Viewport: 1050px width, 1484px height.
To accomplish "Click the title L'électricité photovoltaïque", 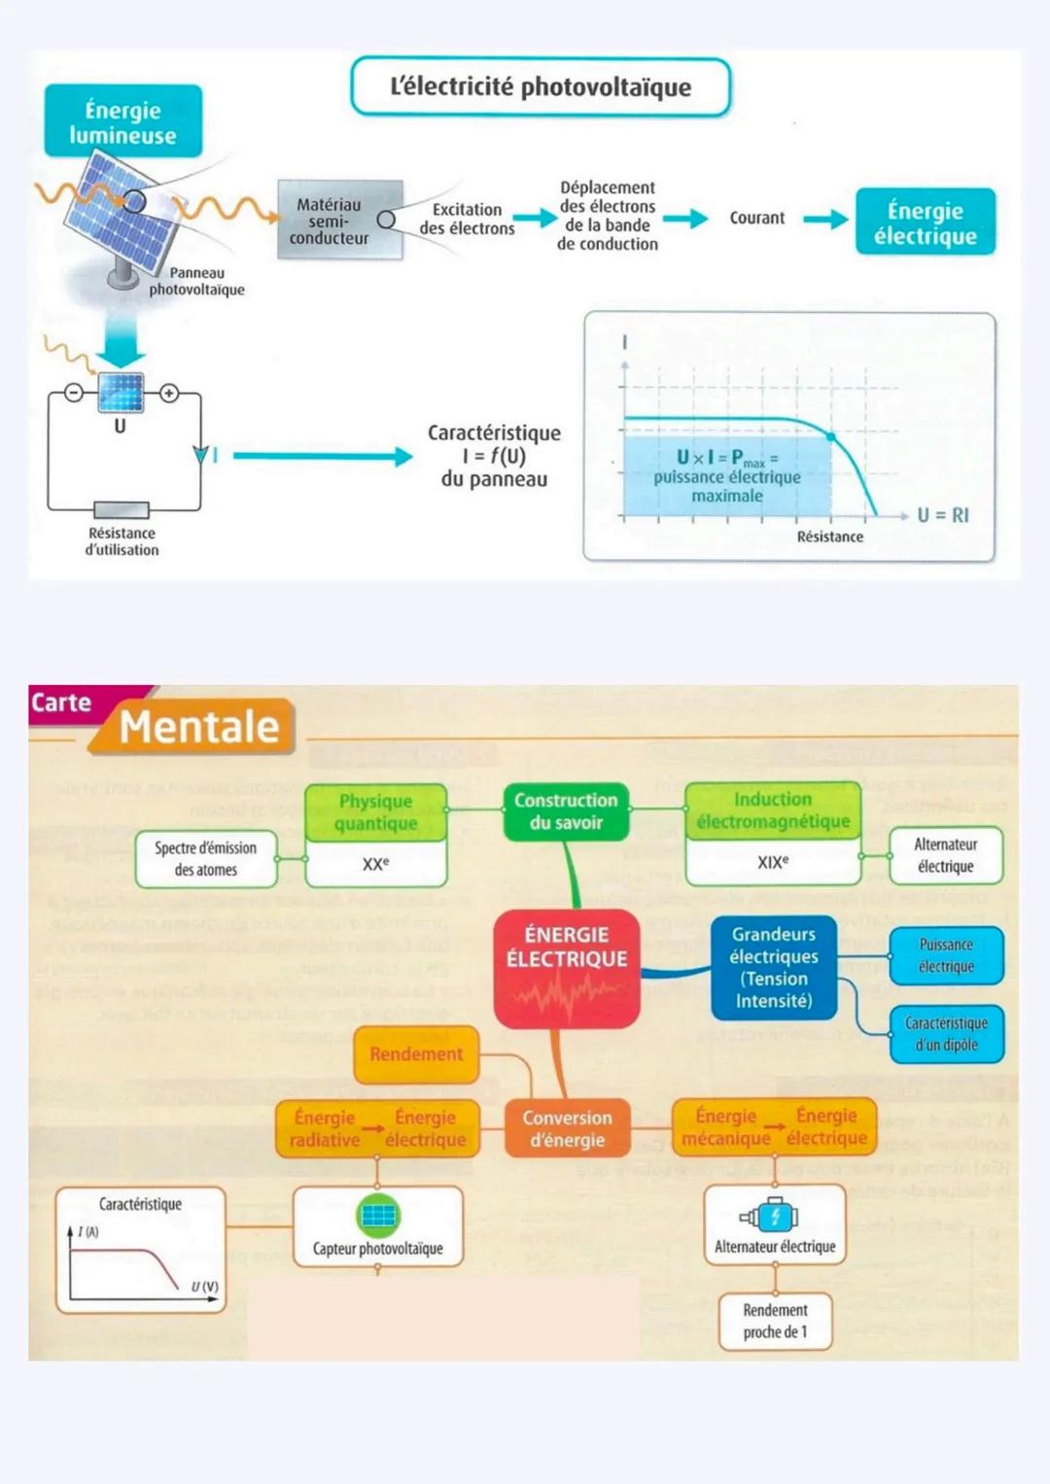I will point(540,87).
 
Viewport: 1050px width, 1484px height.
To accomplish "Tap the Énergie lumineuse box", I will point(122,121).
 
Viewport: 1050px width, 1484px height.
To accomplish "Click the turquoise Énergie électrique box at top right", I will point(925,223).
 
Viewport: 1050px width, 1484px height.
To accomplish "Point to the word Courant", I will point(756,219).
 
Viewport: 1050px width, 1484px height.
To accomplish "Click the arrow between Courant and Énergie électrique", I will point(824,220).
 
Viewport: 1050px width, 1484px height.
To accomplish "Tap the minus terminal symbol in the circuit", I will point(74,394).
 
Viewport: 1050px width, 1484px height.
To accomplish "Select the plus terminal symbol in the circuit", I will point(169,394).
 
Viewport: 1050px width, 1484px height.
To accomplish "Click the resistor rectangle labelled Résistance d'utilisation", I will point(122,510).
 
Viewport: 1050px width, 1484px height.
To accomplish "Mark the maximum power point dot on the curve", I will point(831,437).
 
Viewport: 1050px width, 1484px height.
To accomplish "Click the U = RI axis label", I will point(942,515).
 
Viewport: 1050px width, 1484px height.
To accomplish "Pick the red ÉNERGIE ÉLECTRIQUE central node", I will point(567,967).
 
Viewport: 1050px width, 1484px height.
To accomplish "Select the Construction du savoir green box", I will point(566,811).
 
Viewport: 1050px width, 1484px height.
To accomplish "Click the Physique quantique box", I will point(376,812).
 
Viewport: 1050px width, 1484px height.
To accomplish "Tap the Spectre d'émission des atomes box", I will point(205,858).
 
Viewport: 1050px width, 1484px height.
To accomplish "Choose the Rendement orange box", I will point(416,1054).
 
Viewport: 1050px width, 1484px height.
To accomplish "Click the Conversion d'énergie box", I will point(567,1129).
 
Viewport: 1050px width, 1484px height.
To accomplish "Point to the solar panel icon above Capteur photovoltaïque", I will point(378,1215).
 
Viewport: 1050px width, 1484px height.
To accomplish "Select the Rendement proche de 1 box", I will point(775,1321).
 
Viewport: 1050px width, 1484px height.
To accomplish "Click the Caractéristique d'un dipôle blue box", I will point(946,1034).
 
